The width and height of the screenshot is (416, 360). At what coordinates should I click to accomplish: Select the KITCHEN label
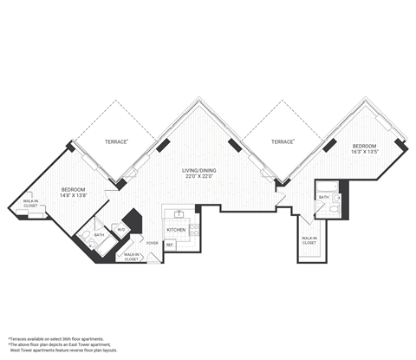click(x=177, y=230)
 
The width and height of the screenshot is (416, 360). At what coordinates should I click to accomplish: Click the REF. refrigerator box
click(x=170, y=245)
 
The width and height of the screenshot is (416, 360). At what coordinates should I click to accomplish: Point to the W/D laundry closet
click(x=122, y=229)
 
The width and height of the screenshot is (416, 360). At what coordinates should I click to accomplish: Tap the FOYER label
click(x=152, y=244)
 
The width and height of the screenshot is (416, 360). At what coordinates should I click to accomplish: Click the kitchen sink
click(x=179, y=213)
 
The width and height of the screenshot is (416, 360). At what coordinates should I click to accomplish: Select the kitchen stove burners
click(x=195, y=231)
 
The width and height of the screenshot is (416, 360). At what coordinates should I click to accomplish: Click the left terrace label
click(x=117, y=140)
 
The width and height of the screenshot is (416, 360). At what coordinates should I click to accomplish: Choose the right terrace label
click(x=282, y=141)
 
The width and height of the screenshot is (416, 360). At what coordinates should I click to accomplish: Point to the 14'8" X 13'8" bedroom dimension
click(x=74, y=196)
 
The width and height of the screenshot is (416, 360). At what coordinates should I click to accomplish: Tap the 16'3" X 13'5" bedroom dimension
click(x=364, y=150)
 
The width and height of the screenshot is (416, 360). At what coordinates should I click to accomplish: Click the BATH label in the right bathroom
click(x=322, y=197)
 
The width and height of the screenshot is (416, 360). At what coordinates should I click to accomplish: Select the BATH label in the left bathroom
click(x=100, y=234)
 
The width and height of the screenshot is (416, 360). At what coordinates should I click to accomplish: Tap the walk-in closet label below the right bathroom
click(x=309, y=240)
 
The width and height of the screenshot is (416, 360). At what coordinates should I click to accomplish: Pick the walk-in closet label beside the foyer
click(x=131, y=257)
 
